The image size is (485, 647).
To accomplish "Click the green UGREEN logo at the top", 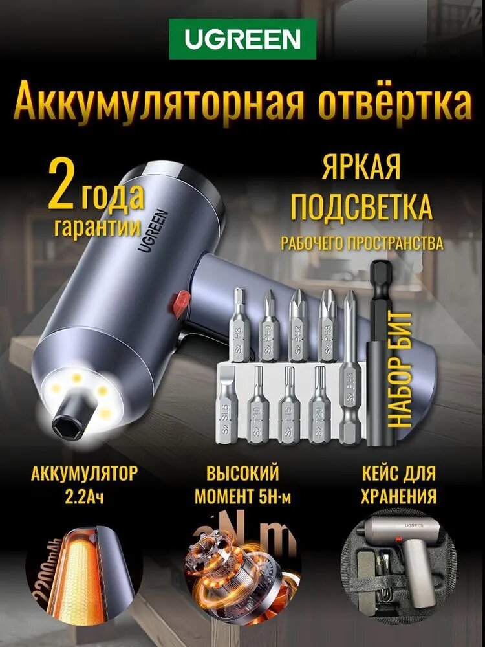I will click(242, 39).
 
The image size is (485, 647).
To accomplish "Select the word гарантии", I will click(98, 227).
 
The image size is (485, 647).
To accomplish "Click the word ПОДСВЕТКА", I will click(361, 208).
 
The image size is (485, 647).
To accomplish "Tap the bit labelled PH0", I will click(269, 323).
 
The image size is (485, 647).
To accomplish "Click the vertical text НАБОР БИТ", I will click(402, 369).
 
